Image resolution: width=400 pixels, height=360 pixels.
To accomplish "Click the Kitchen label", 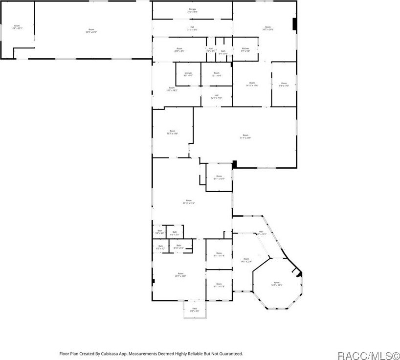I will click(x=245, y=49).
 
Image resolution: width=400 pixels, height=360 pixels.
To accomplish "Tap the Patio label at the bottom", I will click(x=195, y=310).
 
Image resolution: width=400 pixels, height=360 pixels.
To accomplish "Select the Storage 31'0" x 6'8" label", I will click(x=192, y=10).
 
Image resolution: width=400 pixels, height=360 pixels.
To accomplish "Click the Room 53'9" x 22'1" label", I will click(x=91, y=31).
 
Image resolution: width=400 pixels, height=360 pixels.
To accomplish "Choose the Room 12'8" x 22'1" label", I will click(x=17, y=27).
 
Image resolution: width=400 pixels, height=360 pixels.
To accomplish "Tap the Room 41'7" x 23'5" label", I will click(x=245, y=136).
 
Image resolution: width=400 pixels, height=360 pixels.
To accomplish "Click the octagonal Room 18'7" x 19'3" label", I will click(x=277, y=284).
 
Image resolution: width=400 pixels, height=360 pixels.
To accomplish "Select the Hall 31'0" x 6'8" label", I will click(x=192, y=28).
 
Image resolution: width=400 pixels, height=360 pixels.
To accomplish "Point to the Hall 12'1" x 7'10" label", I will click(x=216, y=96).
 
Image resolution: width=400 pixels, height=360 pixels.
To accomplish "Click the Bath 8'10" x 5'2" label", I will click(x=178, y=247).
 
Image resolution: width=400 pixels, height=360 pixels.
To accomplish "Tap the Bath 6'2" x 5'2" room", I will click(x=160, y=247).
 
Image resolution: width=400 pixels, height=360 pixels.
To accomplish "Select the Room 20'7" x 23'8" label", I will click(x=180, y=274).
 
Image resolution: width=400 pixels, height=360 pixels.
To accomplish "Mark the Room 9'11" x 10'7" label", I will click(x=219, y=177).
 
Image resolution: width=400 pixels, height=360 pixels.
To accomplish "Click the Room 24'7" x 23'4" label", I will click(x=267, y=28).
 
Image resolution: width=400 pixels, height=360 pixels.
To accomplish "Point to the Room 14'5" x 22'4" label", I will click(x=246, y=260).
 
